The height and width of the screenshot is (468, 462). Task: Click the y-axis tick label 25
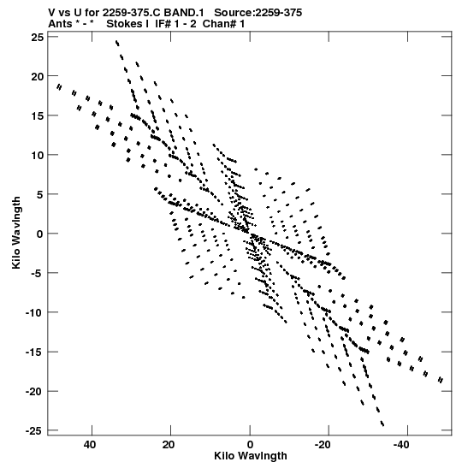(x=38, y=37)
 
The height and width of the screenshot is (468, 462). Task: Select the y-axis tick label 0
(x=40, y=234)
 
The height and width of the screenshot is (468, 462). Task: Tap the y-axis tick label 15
(x=38, y=116)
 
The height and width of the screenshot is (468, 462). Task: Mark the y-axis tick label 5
(x=40, y=194)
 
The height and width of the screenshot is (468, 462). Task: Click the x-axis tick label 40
(x=90, y=445)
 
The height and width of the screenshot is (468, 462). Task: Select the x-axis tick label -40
(x=400, y=445)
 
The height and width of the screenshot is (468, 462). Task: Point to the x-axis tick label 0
(x=250, y=445)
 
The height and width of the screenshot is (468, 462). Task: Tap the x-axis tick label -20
(x=323, y=445)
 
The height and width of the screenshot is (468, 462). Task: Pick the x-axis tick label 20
(x=169, y=445)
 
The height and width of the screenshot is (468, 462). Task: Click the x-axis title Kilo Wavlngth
(x=251, y=456)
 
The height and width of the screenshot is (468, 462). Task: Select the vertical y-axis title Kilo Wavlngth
(x=16, y=233)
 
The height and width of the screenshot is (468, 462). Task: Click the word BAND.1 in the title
(x=184, y=13)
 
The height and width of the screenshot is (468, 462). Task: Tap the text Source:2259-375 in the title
(x=258, y=13)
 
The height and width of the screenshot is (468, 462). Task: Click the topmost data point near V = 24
(x=117, y=43)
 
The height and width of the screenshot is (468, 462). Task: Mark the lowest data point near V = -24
(x=382, y=424)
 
